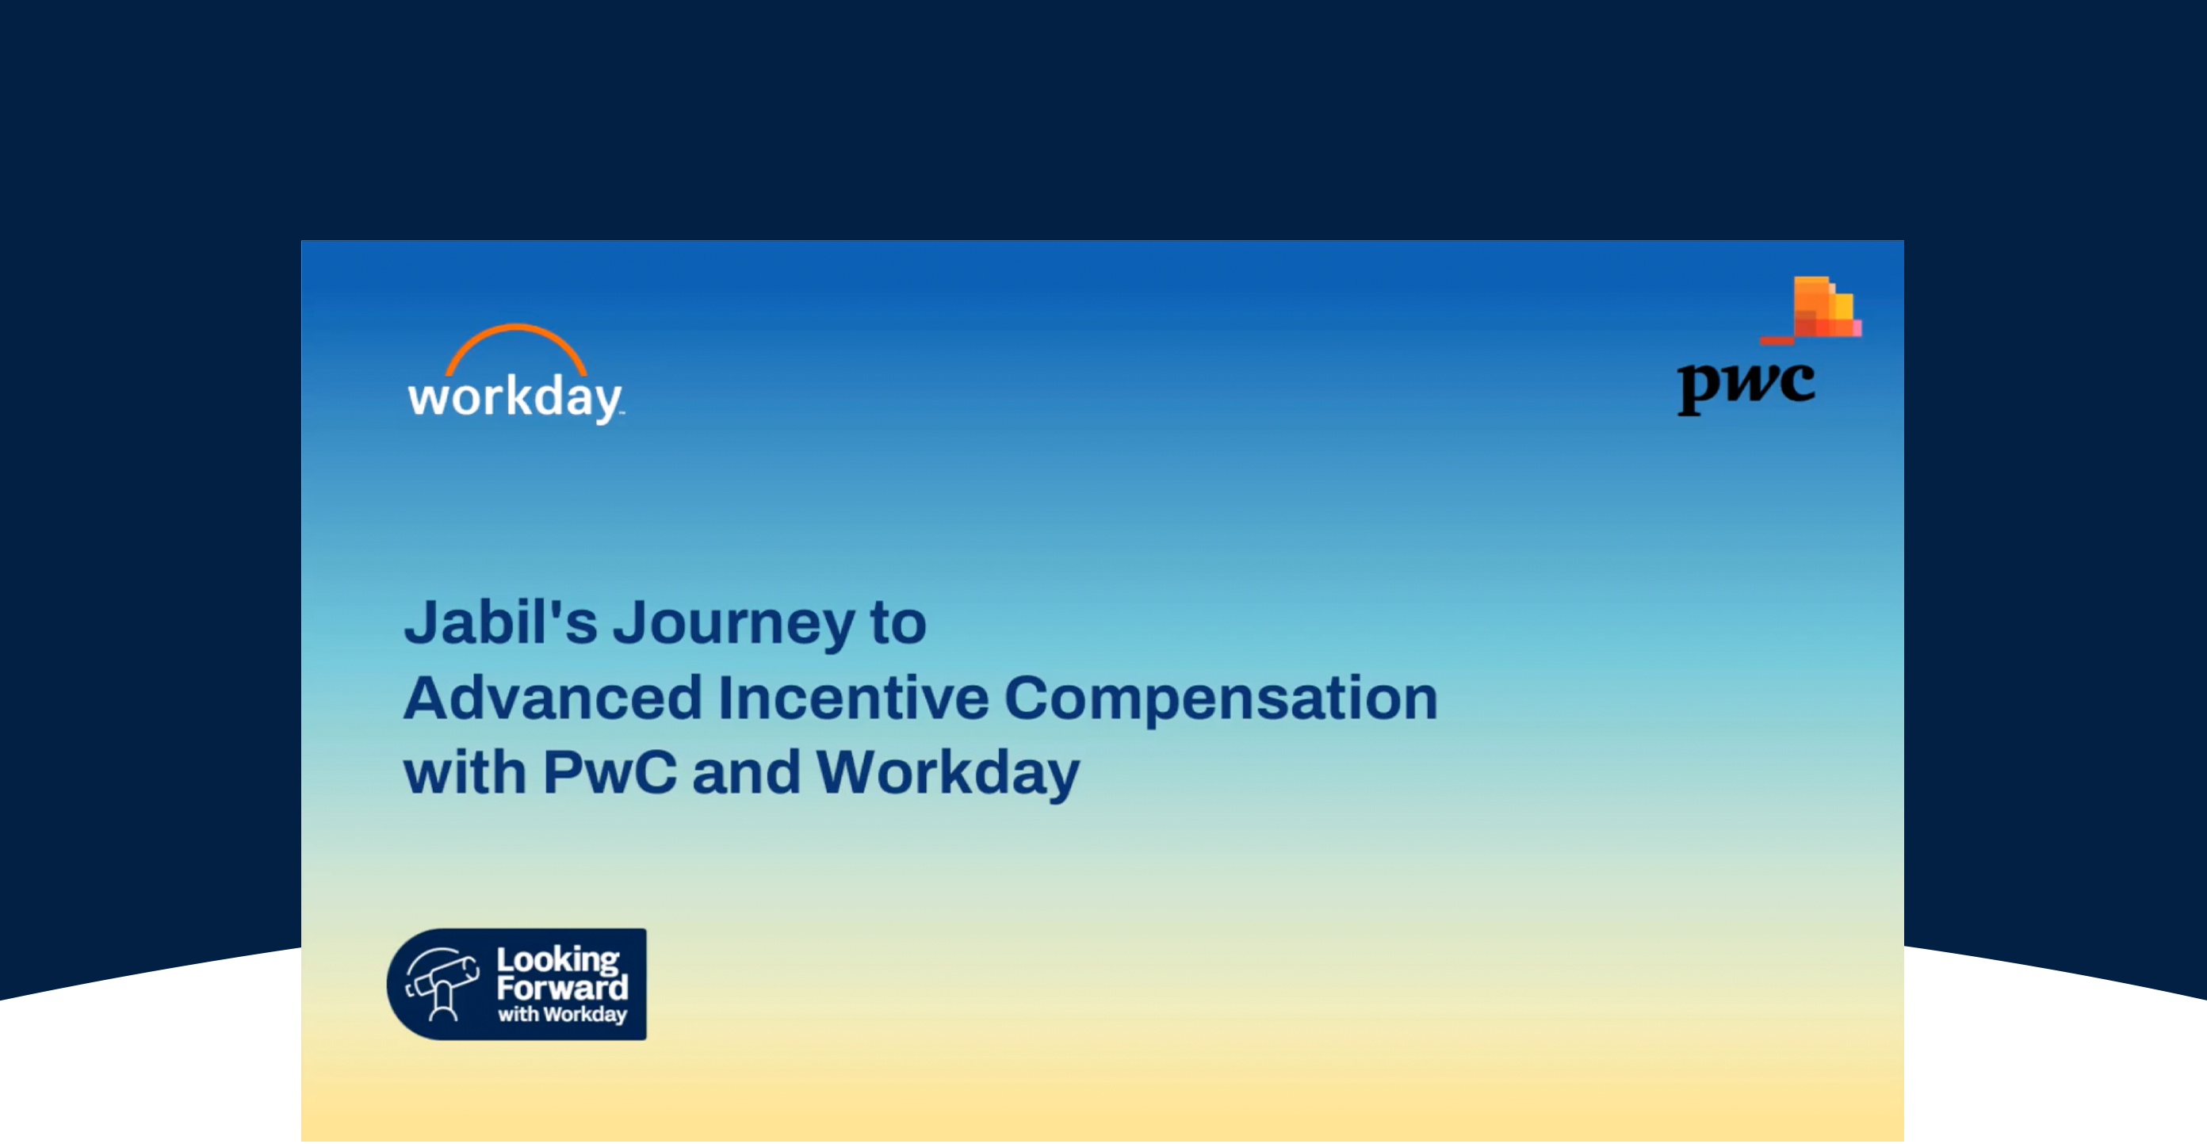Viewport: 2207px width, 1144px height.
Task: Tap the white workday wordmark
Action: (515, 398)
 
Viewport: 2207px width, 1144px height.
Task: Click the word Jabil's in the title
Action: (500, 622)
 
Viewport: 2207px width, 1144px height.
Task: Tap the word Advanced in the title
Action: (553, 698)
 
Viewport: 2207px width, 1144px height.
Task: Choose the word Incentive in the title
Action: (853, 698)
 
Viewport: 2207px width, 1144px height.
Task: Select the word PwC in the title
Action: (609, 773)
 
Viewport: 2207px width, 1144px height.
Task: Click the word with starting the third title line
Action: (465, 773)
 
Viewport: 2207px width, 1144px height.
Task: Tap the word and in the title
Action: (745, 773)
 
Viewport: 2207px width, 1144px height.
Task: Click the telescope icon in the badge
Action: (442, 985)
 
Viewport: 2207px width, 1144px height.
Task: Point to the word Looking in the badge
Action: (558, 961)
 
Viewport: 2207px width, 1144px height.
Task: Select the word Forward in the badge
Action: (562, 988)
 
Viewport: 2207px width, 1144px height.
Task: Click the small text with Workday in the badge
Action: (562, 1015)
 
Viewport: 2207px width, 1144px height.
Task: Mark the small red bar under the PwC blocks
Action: (1777, 340)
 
